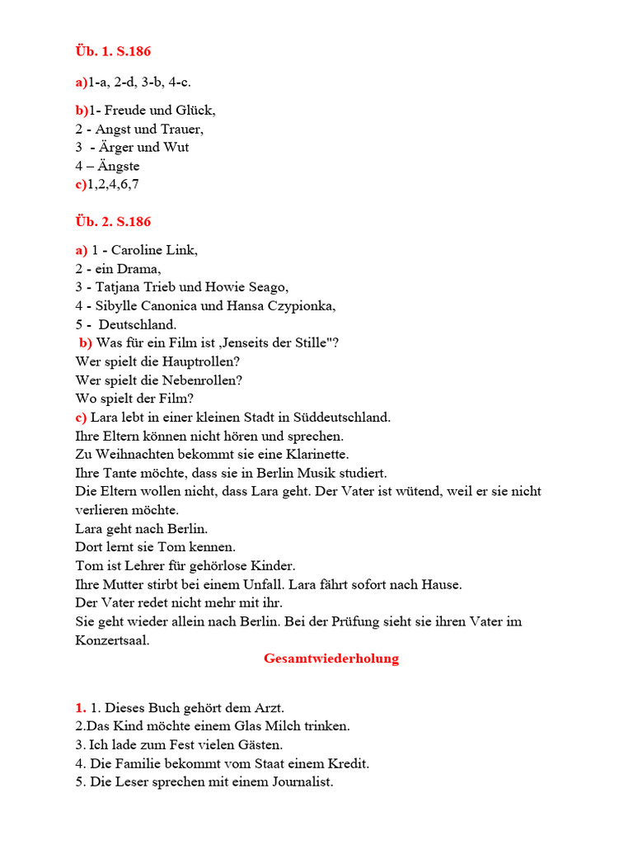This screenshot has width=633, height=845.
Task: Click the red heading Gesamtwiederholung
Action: [331, 659]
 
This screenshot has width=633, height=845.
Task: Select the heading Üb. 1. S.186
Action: [113, 51]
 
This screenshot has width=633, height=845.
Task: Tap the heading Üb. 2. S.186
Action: [113, 221]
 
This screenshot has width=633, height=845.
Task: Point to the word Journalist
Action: [299, 781]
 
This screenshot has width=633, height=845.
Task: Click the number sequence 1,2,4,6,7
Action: [113, 184]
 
